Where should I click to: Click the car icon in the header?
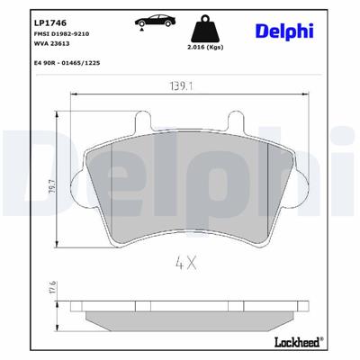[x=147, y=20]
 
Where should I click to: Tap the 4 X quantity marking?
[x=185, y=265]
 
